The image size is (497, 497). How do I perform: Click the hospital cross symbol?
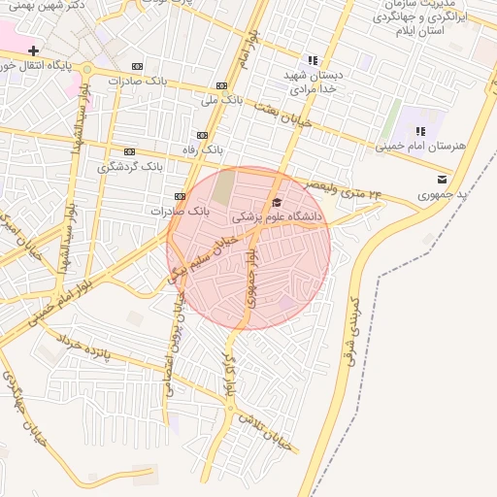[x=34, y=50]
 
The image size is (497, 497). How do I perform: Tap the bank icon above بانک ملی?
[x=222, y=84]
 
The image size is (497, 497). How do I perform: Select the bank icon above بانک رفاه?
[x=202, y=135]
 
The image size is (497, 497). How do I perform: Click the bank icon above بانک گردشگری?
[x=129, y=151]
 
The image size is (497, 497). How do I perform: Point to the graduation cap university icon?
[x=277, y=203]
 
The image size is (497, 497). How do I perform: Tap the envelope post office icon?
[x=443, y=179]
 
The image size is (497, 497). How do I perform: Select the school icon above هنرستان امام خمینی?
[x=420, y=131]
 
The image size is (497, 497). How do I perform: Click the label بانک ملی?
[x=221, y=99]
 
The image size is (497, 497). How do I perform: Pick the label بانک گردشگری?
[x=129, y=167]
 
